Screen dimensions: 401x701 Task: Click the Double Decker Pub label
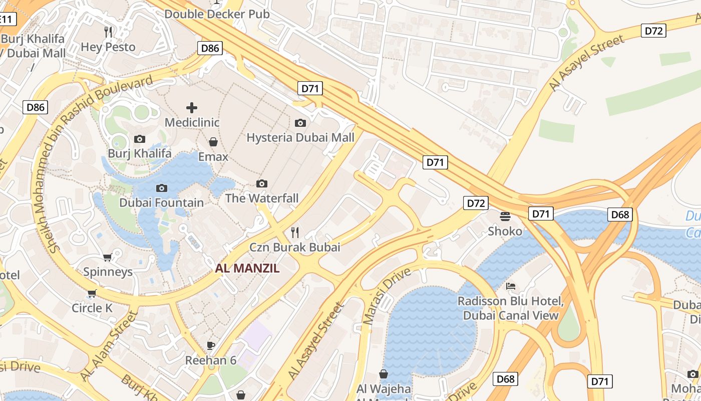pos(217,14)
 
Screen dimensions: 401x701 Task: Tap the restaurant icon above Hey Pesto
pos(108,32)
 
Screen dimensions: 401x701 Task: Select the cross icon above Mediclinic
pos(191,107)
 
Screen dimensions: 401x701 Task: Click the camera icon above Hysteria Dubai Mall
pos(300,123)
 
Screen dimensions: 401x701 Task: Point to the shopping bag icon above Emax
pos(213,142)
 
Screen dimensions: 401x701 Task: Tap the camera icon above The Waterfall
pos(261,183)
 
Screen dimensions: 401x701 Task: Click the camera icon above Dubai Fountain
pos(161,188)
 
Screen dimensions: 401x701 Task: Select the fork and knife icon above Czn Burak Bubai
pos(295,232)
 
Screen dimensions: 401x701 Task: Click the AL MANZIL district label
pos(247,268)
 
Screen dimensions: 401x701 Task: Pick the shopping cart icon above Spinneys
pos(107,257)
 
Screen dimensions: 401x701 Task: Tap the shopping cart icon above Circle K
pos(92,293)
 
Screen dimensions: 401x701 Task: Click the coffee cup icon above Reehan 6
pos(211,345)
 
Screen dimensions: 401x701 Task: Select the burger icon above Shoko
pos(505,216)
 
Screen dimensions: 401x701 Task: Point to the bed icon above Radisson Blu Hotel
pos(511,286)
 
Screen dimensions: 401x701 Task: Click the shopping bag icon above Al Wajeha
pos(383,373)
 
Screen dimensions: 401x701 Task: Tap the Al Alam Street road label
pos(108,346)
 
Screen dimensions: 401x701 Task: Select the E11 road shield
pos(7,20)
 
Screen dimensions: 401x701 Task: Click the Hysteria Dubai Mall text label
pos(300,137)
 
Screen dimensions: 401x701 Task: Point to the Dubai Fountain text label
pos(161,203)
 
